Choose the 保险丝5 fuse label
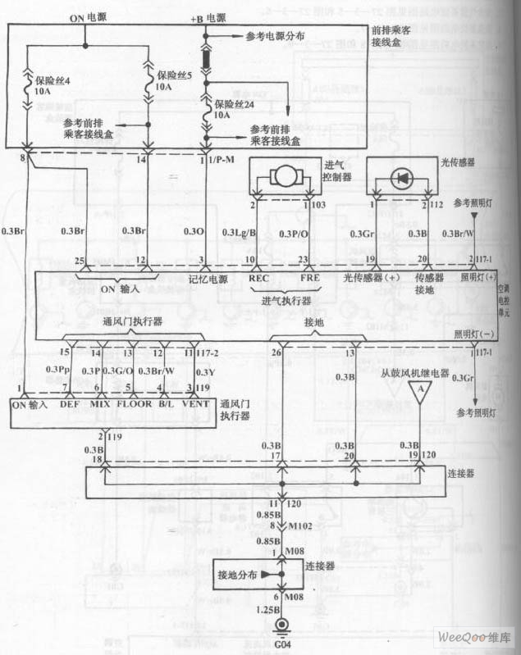coord(174,76)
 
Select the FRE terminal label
coord(309,278)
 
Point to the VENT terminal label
coord(198,403)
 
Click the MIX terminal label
coord(100,403)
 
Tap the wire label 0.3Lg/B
coord(240,233)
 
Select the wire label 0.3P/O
coord(295,233)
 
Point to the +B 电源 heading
coord(208,17)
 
